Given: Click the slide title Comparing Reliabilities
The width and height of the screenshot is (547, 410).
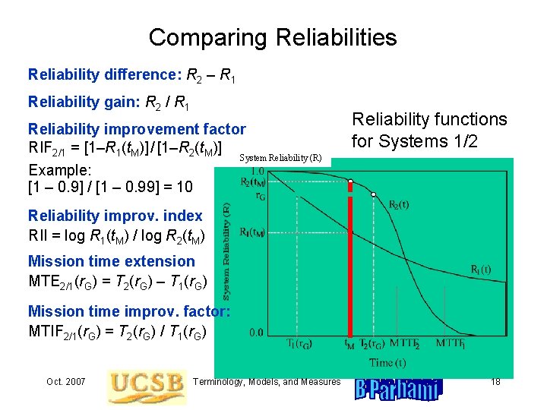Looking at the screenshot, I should pos(273,37).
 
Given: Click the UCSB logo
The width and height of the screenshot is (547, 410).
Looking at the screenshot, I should pos(147,387).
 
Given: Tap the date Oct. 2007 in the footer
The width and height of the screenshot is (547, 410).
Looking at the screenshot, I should pos(65,380).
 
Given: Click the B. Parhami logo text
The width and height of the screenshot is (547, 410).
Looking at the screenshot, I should pos(397,390).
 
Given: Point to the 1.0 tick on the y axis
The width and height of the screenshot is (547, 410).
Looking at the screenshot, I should pos(258,171).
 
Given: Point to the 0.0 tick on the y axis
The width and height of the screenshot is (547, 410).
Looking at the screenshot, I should pos(258,332).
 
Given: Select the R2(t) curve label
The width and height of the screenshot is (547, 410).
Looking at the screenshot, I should pos(403,205).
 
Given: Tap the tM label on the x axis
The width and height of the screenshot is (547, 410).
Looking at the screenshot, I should pos(349,344).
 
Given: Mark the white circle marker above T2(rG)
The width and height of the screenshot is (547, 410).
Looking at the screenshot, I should pos(374,194).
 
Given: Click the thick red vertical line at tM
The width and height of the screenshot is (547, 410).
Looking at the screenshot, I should pos(350,266).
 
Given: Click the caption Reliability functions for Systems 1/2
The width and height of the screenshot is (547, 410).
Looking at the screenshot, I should pos(428,130).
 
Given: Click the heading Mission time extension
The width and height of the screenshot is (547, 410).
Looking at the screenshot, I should pos(101,261).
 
